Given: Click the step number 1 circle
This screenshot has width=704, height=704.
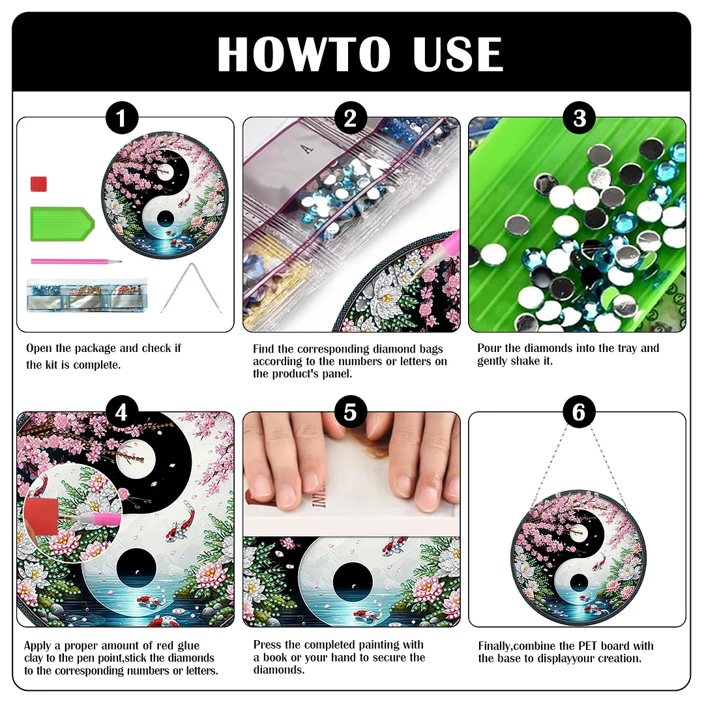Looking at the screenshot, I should click(x=121, y=119).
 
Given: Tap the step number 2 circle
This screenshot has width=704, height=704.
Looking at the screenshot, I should click(x=350, y=119).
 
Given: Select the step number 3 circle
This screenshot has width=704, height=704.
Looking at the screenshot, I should click(x=579, y=119).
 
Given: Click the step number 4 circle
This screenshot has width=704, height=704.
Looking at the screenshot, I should click(x=121, y=413).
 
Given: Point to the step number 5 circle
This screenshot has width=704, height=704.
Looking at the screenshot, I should click(x=350, y=413).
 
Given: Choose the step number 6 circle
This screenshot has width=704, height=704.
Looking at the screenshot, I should click(x=579, y=413).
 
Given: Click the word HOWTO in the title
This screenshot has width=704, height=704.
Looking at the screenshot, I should click(x=304, y=55).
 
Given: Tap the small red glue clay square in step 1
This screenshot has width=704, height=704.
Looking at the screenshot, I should click(x=40, y=183).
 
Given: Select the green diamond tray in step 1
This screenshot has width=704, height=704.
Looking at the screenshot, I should click(x=62, y=224).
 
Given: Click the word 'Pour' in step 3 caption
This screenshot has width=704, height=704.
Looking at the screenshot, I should click(x=490, y=348).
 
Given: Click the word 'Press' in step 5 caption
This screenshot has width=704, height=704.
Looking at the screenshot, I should click(x=268, y=645).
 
